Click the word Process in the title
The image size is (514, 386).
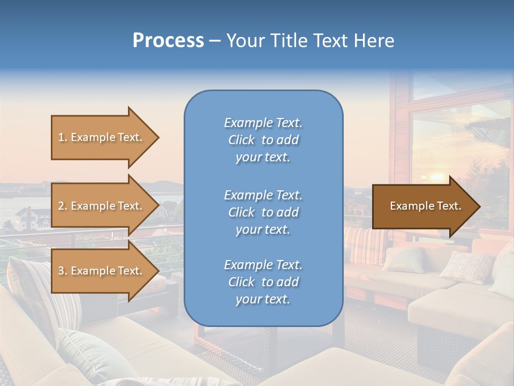168,41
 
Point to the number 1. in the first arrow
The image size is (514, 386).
63,137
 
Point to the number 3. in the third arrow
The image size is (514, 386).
63,271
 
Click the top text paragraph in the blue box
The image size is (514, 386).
263,140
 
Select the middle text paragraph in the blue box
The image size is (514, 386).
263,212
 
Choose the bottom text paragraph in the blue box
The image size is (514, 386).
263,282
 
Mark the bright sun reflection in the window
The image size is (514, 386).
436,176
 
